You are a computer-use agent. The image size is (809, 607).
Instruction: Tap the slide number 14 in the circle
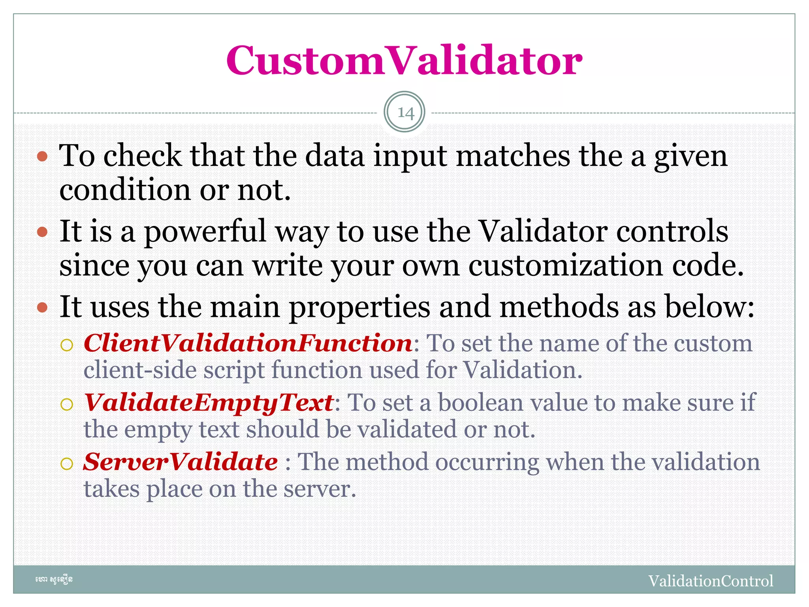click(x=404, y=113)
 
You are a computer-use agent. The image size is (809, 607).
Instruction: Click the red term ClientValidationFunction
click(x=248, y=343)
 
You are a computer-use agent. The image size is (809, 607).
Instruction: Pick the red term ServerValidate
click(x=181, y=462)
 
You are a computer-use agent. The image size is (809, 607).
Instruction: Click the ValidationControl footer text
click(x=711, y=581)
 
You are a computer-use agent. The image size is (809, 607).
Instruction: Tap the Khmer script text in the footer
click(x=54, y=580)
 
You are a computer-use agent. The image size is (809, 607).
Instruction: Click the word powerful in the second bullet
click(x=205, y=232)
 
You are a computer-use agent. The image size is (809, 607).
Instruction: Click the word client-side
click(x=140, y=370)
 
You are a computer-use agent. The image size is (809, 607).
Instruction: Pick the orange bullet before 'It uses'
click(x=42, y=307)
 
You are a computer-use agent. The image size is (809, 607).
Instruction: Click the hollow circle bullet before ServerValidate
click(x=67, y=464)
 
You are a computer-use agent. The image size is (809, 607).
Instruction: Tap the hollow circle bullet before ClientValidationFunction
click(x=67, y=345)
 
